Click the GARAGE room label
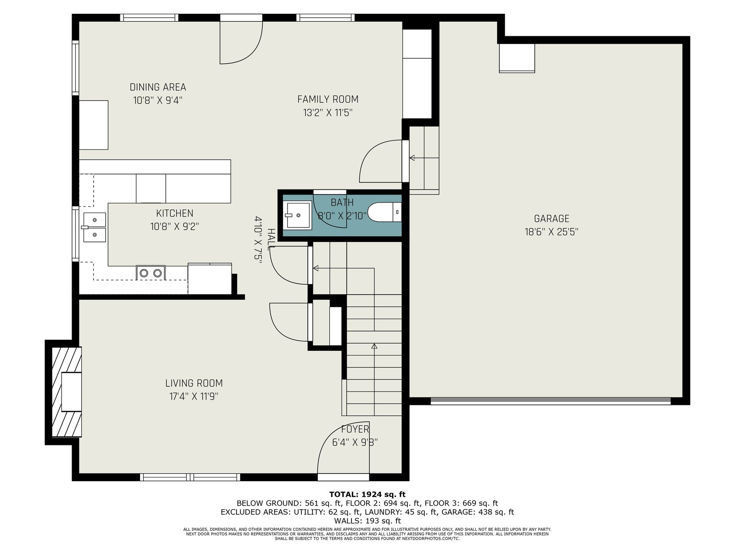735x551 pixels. pos(551,219)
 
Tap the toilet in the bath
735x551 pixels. pos(384,212)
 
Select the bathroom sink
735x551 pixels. pos(297,215)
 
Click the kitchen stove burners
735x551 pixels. pos(151,273)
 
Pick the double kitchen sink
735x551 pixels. pos(95,227)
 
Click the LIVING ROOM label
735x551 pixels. pos(194,383)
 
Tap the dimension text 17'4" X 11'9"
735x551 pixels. pos(194,396)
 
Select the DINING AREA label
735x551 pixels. pos(158,87)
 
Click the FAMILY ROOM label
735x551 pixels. pos(328,99)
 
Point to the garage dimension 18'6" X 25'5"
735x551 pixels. pos(551,232)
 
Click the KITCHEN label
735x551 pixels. pos(175,213)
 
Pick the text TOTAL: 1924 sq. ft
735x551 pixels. pos(367,495)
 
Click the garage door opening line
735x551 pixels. pos(550,401)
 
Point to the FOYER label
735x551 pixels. pos(355,429)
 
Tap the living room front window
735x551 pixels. pos(190,477)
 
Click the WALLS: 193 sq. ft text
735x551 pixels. pos(367,521)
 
